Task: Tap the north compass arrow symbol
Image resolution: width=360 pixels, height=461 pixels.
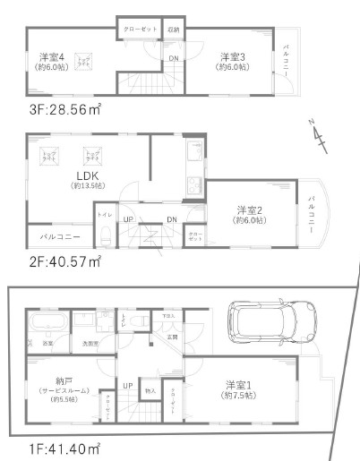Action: point(319,133)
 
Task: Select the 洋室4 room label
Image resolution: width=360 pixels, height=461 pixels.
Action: point(51,55)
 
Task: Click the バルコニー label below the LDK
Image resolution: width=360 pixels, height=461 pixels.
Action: point(60,237)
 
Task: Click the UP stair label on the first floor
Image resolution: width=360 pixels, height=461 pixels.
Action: point(128,386)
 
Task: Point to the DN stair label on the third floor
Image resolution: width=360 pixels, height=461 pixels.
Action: point(172,59)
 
